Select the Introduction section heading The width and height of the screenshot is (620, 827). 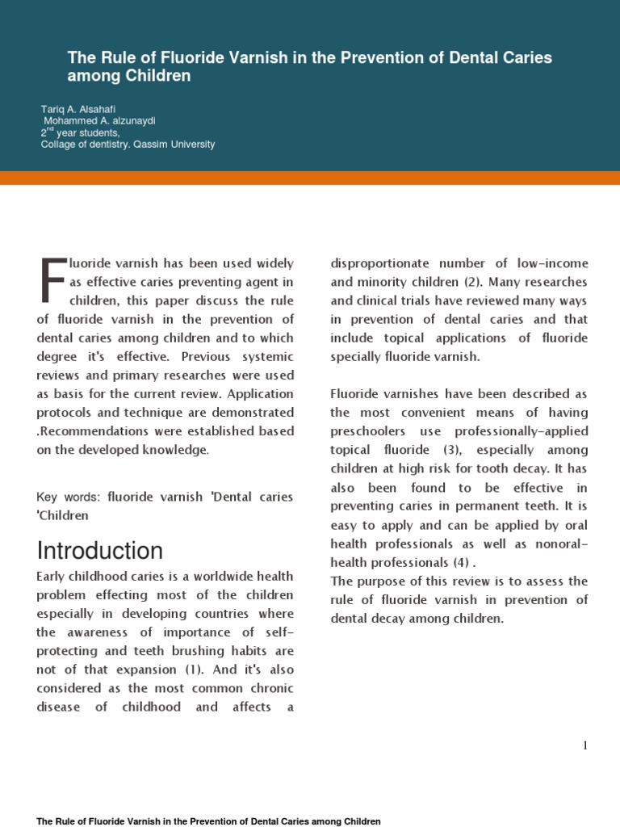click(x=100, y=551)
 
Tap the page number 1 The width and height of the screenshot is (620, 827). click(x=585, y=745)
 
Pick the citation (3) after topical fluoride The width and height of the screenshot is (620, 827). click(x=455, y=450)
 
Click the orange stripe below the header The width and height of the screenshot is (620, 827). click(x=310, y=178)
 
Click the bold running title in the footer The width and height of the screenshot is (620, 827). click(x=208, y=821)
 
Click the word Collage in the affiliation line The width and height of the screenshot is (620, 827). click(x=59, y=145)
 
